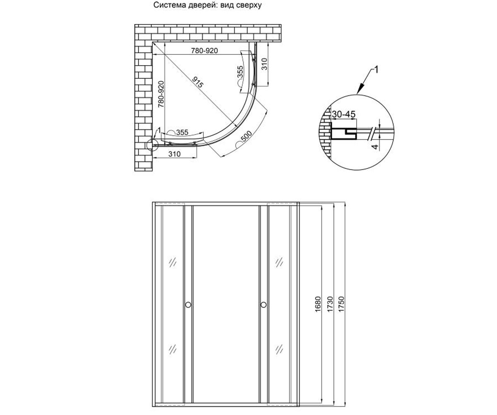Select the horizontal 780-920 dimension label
(x=205, y=51)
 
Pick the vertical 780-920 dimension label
(x=161, y=94)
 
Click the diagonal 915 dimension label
(x=198, y=82)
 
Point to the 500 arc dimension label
(x=246, y=137)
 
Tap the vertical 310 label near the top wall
(x=264, y=64)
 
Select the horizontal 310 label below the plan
(x=174, y=154)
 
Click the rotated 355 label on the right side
(x=240, y=72)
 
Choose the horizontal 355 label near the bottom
(x=182, y=132)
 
